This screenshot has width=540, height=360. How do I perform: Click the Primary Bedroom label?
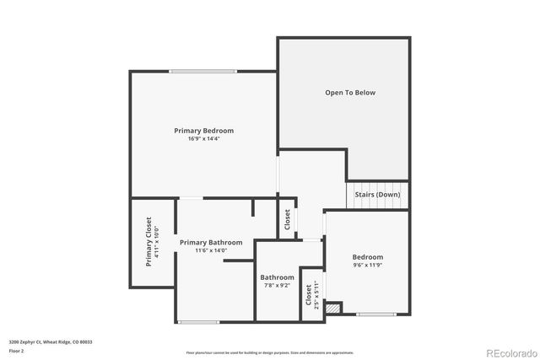tap(203, 131)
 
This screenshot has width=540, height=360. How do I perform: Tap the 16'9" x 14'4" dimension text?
tap(203, 139)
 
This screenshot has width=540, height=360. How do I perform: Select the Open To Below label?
tap(350, 93)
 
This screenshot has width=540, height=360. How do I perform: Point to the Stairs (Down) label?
tap(377, 194)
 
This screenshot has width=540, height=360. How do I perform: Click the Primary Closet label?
tap(148, 242)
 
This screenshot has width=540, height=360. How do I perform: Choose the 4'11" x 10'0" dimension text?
tap(157, 242)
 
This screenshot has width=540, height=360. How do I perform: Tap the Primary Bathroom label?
tap(210, 242)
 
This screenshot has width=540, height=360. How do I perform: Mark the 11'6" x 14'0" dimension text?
tap(210, 250)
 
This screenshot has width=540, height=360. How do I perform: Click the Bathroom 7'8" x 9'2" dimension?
tap(277, 286)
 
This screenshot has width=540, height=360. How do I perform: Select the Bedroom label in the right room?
tap(367, 257)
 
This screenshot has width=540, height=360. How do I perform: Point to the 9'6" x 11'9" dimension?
tap(367, 266)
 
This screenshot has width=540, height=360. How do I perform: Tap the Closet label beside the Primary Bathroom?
tap(287, 220)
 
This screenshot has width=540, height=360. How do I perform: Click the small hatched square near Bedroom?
tap(332, 309)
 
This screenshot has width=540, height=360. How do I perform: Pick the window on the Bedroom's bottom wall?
tap(376, 314)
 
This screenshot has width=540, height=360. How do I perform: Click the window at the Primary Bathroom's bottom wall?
tap(199, 321)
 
